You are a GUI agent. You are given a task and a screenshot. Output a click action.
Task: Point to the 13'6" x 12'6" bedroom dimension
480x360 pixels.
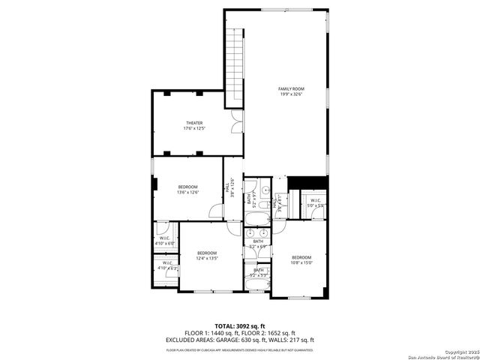click(187, 193)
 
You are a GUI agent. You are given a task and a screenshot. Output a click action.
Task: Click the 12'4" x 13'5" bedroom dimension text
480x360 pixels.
click(207, 259)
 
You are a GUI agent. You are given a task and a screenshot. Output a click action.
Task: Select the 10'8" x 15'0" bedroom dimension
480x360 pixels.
click(301, 262)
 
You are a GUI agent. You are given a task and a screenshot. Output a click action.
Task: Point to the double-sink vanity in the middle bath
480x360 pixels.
click(257, 233)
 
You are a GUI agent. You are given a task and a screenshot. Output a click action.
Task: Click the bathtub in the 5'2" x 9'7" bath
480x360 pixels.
click(255, 218)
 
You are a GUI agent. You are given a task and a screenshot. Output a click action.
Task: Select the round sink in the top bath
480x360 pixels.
click(262, 187)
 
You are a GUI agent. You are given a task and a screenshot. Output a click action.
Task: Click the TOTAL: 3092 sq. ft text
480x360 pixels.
click(240, 325)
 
